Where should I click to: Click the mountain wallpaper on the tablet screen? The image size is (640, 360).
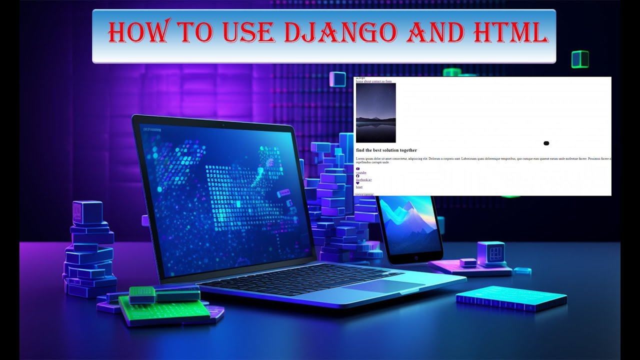coord(408,225)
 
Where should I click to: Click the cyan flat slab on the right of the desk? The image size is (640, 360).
coord(511,298)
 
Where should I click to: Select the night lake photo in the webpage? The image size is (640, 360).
coord(375,112)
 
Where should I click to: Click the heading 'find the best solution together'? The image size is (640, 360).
coord(386,150)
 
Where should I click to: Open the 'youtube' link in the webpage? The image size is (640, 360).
coord(361,172)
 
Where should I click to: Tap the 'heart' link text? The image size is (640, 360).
coord(359,187)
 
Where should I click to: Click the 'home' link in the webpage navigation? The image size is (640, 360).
coord(359,81)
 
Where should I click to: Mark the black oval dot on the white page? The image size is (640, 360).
coord(546,143)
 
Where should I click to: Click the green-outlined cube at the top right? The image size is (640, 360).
coord(580,59)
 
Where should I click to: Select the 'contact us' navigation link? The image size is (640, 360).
coord(378,81)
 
